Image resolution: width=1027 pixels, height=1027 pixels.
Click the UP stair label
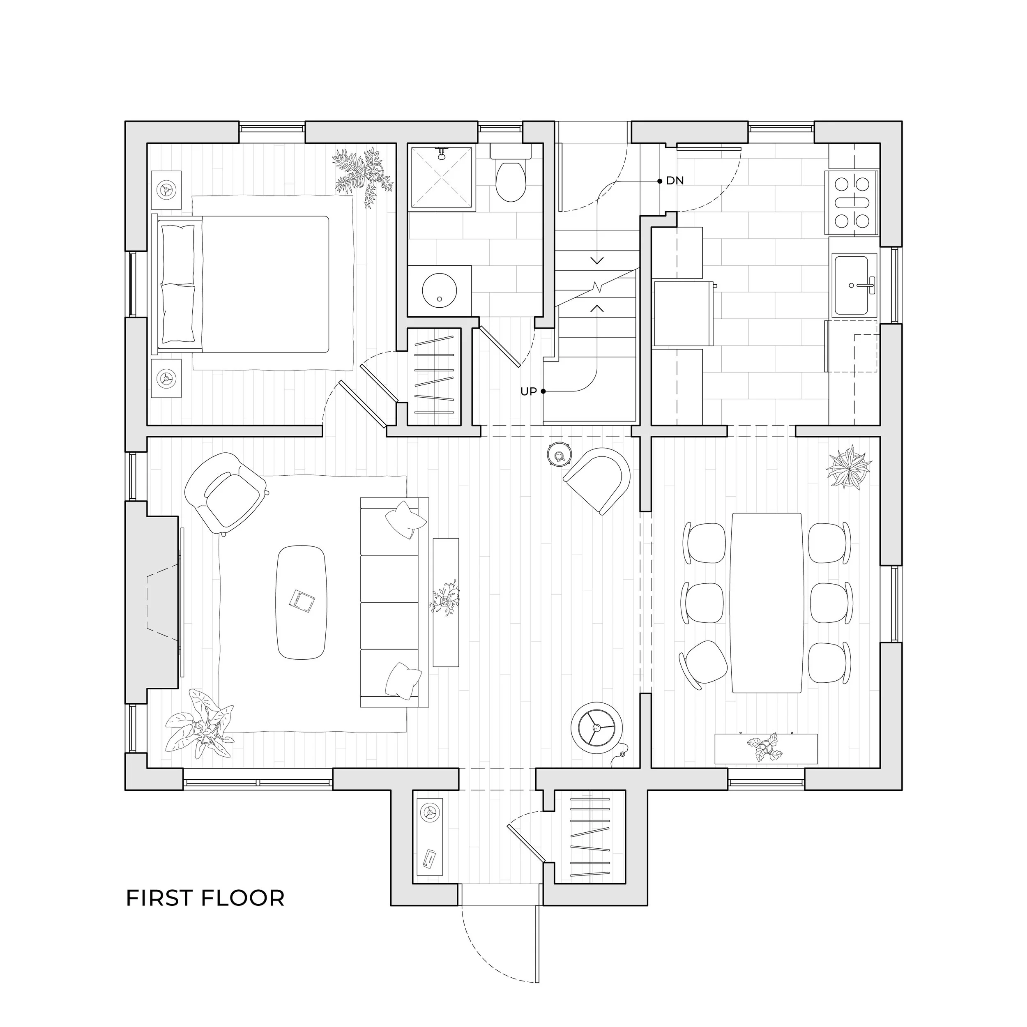pyautogui.click(x=528, y=392)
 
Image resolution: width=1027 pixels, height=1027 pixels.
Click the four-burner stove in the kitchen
pyautogui.click(x=852, y=203)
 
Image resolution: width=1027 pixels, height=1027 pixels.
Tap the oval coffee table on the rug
pyautogui.click(x=302, y=602)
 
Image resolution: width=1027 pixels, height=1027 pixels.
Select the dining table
pyautogui.click(x=766, y=602)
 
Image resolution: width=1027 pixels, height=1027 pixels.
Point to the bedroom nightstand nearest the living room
pyautogui.click(x=166, y=378)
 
